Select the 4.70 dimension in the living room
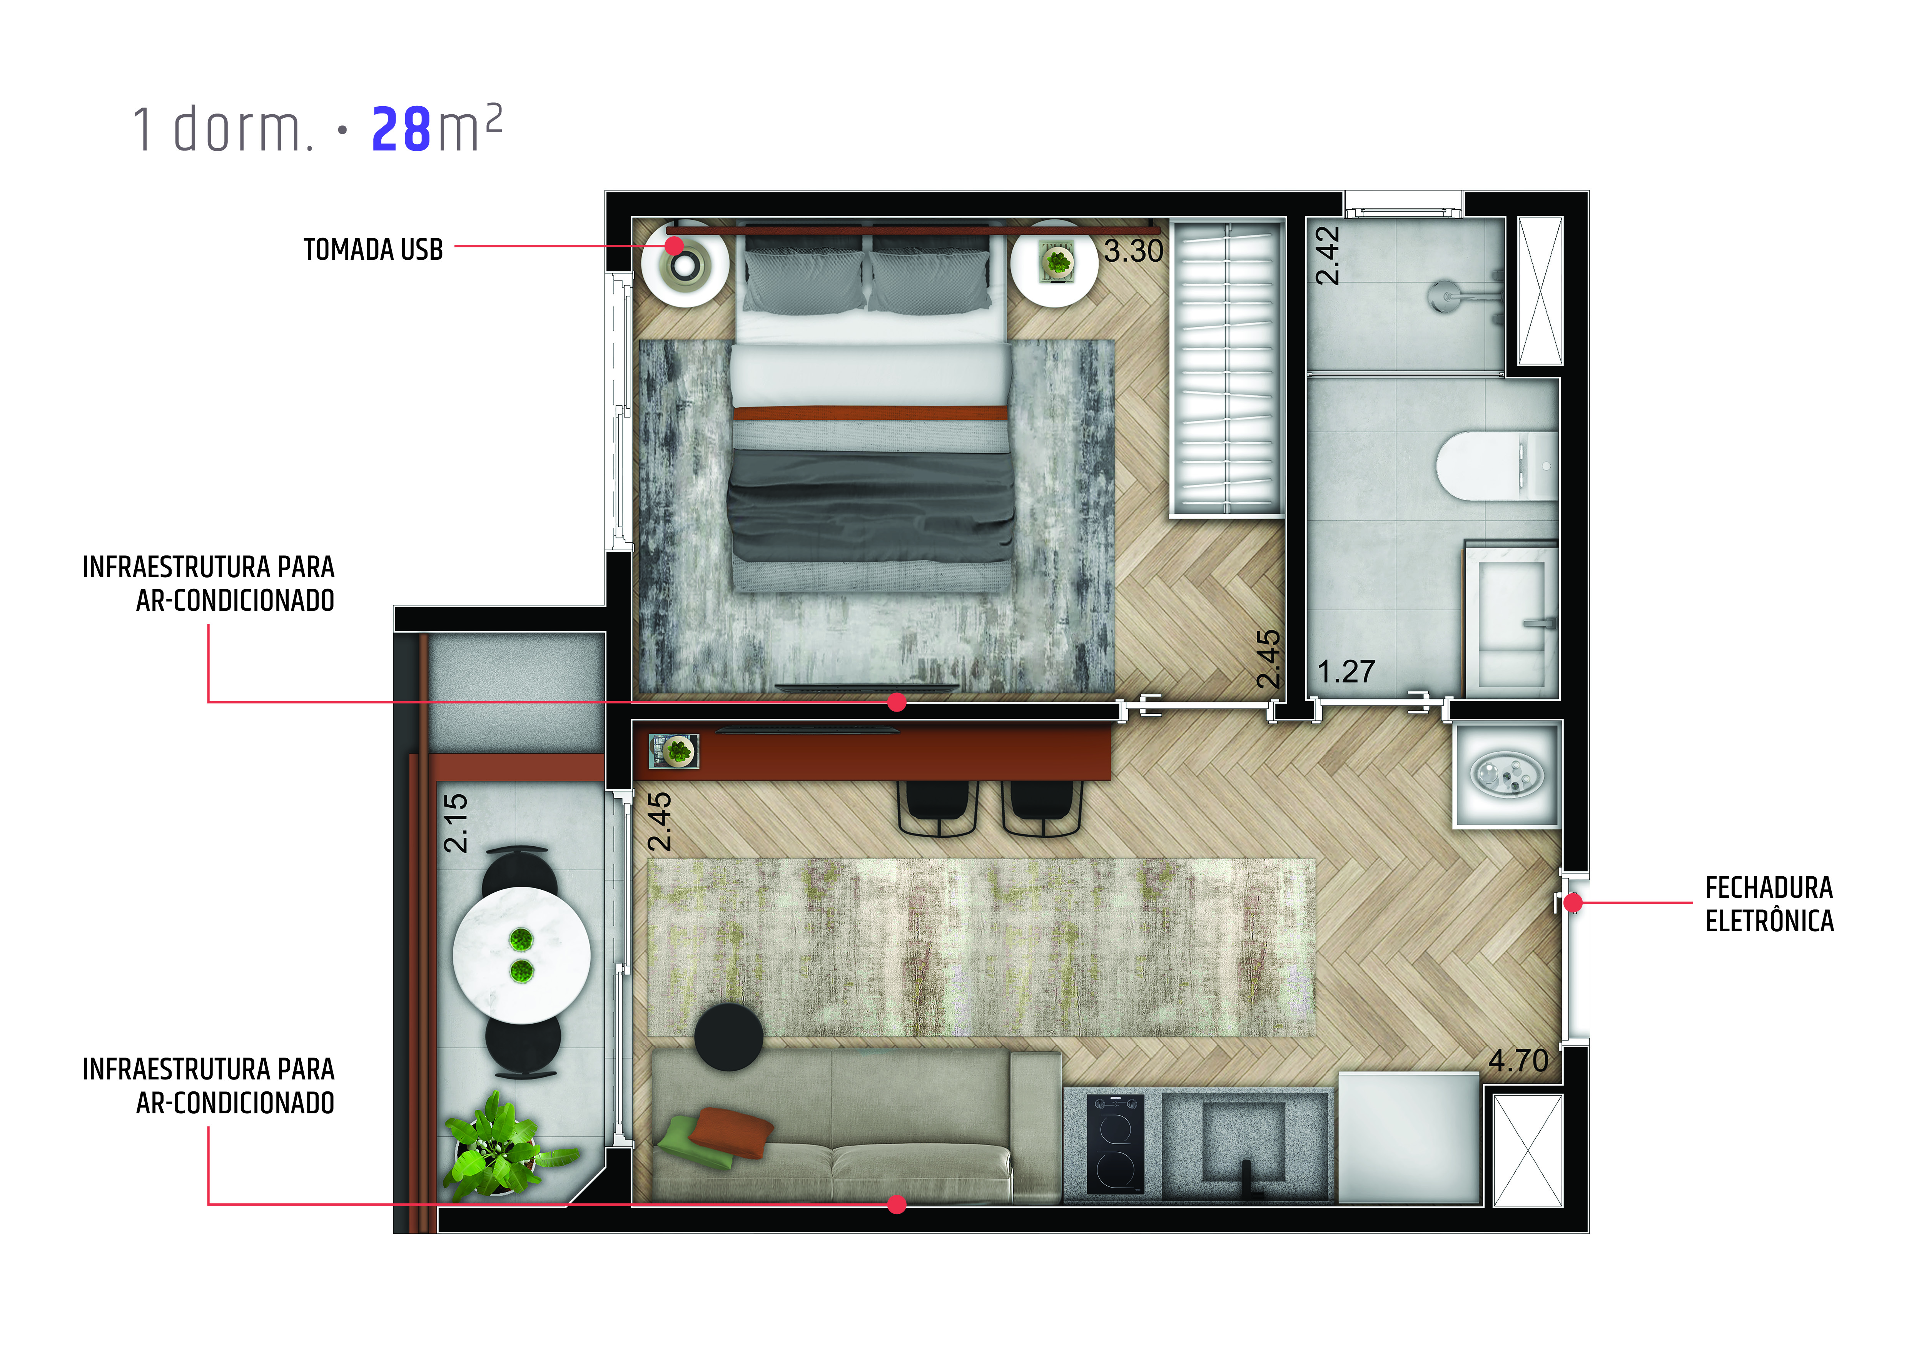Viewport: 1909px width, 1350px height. point(1518,1061)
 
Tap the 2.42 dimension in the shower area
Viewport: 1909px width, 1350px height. point(1328,255)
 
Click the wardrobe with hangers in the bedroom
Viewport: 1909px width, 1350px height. point(1227,368)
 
